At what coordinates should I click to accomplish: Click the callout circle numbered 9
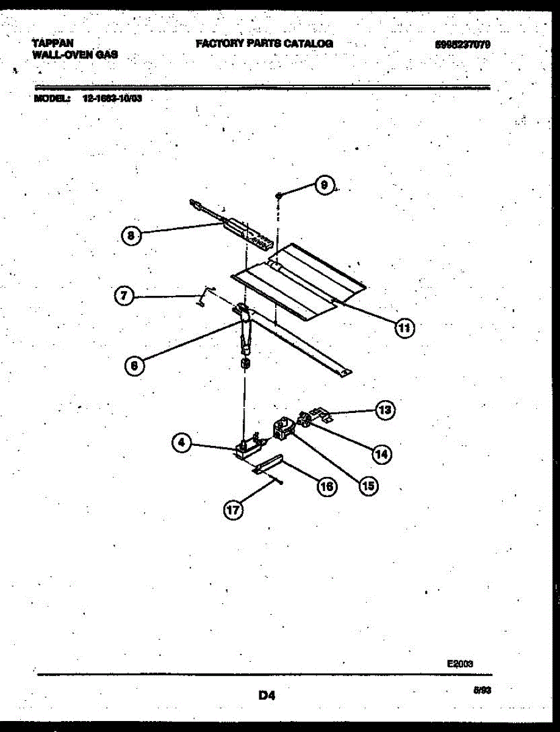[325, 185]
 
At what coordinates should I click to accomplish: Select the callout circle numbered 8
[131, 235]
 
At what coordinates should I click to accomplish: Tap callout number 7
[124, 296]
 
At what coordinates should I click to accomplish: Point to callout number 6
[134, 365]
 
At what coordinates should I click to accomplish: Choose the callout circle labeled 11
[403, 328]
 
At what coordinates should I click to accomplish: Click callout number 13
[384, 409]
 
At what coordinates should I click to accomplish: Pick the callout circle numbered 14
[382, 453]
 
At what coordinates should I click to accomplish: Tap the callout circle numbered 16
[327, 486]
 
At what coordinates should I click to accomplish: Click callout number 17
[233, 510]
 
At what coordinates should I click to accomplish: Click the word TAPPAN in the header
[53, 43]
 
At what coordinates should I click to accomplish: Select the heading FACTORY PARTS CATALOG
[264, 43]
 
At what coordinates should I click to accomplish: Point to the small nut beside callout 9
[278, 195]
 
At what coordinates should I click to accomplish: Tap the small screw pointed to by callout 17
[278, 482]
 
